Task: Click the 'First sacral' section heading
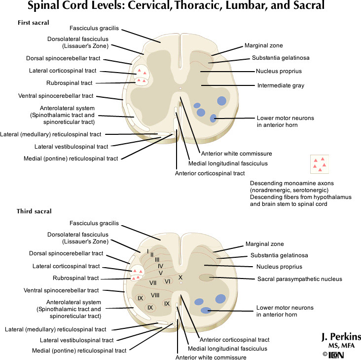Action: pyautogui.click(x=34, y=23)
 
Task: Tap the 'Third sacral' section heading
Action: pyautogui.click(x=34, y=211)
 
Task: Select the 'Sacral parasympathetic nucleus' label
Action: pyautogui.click(x=299, y=279)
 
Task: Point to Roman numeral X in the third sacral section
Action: pyautogui.click(x=180, y=278)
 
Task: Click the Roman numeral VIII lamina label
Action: pyautogui.click(x=155, y=295)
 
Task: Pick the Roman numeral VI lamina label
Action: pyautogui.click(x=167, y=281)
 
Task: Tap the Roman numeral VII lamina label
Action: pyautogui.click(x=153, y=282)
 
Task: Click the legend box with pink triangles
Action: pyautogui.click(x=319, y=164)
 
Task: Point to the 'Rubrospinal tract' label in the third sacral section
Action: pyautogui.click(x=76, y=278)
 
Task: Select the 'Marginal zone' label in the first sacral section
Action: pyautogui.click(x=263, y=45)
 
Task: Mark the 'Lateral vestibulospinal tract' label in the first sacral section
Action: pyautogui.click(x=71, y=146)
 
